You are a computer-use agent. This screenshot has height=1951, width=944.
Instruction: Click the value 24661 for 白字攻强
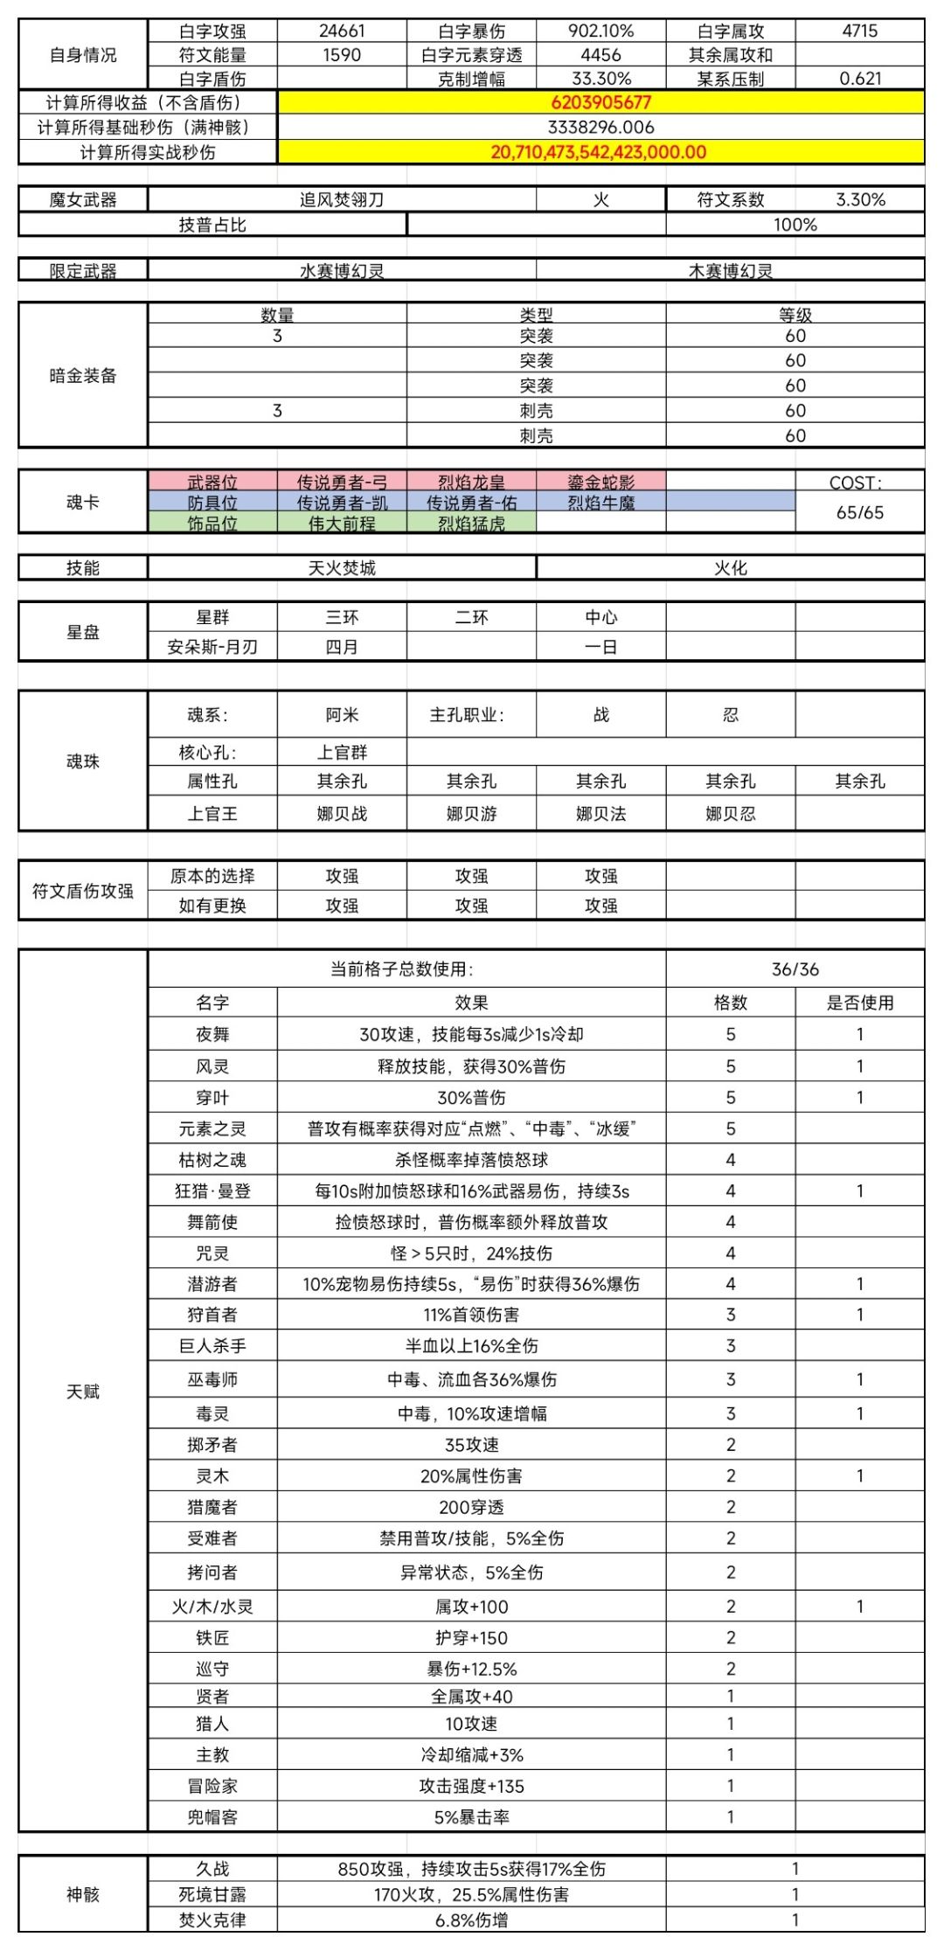(342, 31)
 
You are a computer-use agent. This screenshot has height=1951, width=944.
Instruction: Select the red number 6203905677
(600, 102)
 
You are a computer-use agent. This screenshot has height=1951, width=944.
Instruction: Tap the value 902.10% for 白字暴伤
(600, 31)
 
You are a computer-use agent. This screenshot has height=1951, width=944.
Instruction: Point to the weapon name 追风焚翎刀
(342, 199)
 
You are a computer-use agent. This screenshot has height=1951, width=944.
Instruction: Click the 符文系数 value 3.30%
(860, 199)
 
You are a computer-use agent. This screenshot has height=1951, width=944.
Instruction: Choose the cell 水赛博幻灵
(342, 271)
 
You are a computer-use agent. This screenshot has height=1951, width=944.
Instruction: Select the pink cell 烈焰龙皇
(471, 482)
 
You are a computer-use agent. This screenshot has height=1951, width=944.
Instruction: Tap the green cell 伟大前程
(342, 524)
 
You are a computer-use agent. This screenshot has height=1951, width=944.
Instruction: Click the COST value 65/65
(860, 512)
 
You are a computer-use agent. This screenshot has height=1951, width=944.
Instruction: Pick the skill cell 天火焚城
(342, 568)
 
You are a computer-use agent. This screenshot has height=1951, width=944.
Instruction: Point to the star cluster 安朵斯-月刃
(212, 647)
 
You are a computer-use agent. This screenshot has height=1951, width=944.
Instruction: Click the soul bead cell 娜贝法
(600, 814)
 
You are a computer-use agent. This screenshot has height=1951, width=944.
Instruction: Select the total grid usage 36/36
(795, 969)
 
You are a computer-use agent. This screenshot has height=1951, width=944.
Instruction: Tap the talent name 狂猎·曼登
(212, 1191)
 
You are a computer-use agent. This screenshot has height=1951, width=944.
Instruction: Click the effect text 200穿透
(471, 1507)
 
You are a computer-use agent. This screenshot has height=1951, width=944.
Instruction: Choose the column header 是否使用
(860, 1003)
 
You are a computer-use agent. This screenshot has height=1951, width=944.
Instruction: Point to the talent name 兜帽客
(212, 1817)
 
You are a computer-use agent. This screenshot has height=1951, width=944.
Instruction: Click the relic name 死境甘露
(212, 1894)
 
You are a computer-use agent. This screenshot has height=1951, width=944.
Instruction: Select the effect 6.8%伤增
(471, 1920)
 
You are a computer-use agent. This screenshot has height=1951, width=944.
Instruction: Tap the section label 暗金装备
(83, 376)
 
